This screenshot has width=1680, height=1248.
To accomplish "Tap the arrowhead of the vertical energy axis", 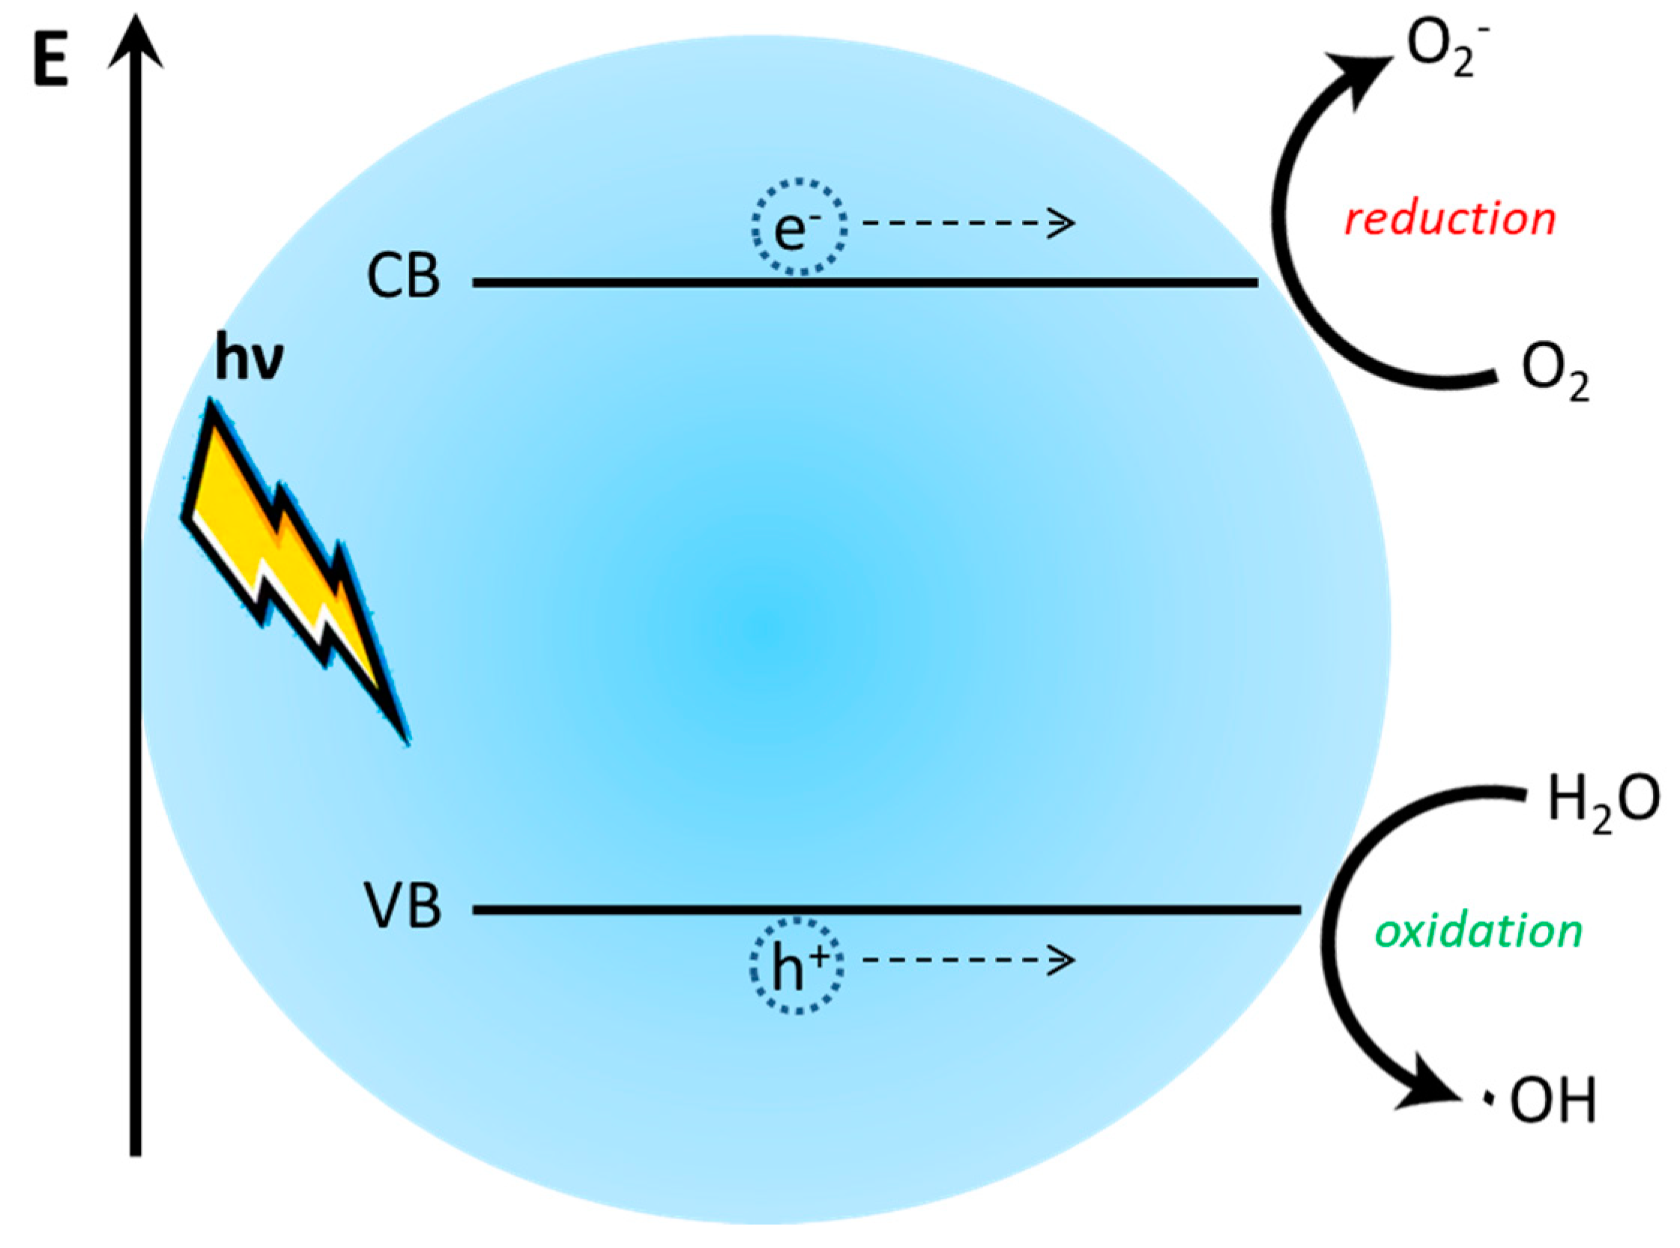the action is [136, 41].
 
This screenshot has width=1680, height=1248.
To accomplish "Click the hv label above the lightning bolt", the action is [250, 360].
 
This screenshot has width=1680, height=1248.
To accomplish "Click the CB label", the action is [403, 277].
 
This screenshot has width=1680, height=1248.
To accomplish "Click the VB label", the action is [403, 906].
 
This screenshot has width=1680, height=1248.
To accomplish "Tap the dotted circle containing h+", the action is [797, 966].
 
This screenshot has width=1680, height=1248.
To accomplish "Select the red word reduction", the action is [1449, 219].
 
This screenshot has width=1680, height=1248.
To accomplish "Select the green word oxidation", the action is [1478, 931].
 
